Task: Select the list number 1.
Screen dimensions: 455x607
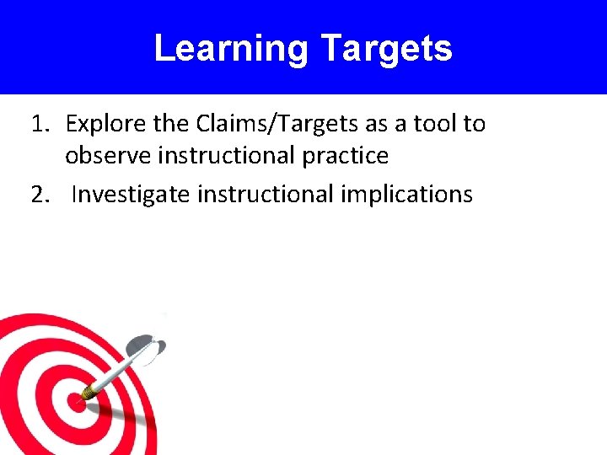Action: tap(40, 124)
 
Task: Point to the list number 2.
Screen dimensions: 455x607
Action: tap(40, 195)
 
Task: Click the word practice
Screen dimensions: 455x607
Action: tap(346, 156)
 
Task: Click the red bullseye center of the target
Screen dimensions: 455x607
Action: tap(69, 401)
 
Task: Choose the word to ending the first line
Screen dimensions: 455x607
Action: tap(474, 124)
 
